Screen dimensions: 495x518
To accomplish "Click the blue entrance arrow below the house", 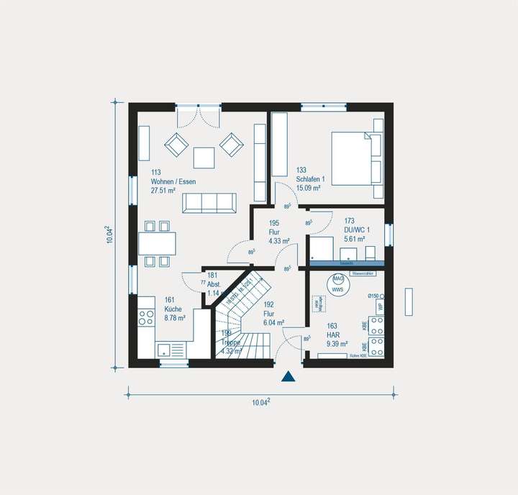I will pos(288,376).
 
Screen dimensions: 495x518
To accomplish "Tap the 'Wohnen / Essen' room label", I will pos(173,182).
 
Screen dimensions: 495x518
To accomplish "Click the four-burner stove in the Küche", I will pos(146,318).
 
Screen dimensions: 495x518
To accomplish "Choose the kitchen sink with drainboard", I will pos(171,350).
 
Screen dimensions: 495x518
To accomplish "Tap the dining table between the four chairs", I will pos(157,243).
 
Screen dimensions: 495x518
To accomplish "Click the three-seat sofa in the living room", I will pos(209,203).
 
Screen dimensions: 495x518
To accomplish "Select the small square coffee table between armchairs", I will pos(204,157).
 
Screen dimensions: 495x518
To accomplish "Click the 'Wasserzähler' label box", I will pos(363,274).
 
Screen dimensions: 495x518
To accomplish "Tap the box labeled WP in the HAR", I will pos(379,305).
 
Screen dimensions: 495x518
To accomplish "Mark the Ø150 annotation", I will pos(373,296).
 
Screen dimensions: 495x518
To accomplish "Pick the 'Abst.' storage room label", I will pos(213,284).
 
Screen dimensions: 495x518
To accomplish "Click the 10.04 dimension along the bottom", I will pos(260,403).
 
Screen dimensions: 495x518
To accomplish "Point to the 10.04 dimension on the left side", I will pos(109,235).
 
